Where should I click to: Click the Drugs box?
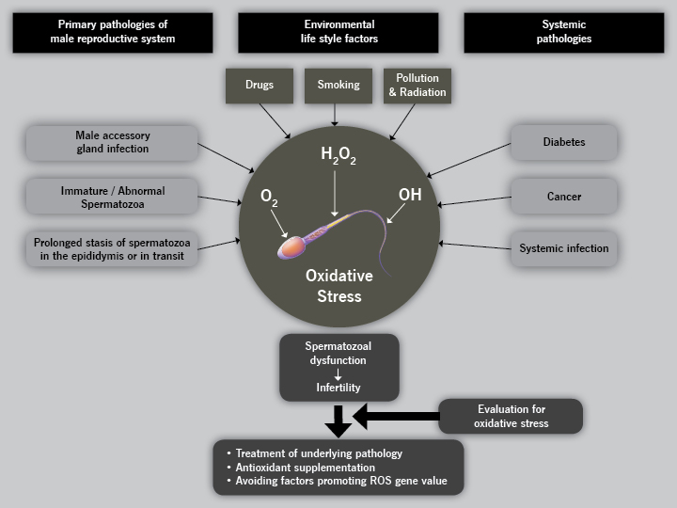pos(259,85)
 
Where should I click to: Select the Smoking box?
pos(338,85)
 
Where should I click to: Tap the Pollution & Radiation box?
pos(417,85)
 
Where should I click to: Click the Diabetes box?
pos(564,143)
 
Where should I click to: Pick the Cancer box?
pos(564,197)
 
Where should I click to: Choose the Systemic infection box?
pos(564,249)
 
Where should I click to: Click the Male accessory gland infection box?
pos(113,142)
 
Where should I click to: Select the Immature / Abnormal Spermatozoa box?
pos(113,197)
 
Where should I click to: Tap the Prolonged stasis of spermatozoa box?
pos(113,249)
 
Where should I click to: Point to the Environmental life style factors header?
pos(338,32)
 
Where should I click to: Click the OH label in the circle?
pos(410,195)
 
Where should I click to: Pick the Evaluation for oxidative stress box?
pos(511,416)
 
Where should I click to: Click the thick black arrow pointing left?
pos(395,415)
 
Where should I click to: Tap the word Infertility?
pos(338,386)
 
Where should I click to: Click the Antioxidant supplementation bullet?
pos(301,468)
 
